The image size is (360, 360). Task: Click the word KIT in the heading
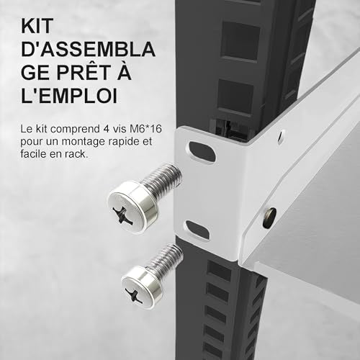(x=37, y=26)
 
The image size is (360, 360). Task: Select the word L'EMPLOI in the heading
(x=69, y=95)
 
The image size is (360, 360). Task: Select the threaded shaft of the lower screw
(x=165, y=258)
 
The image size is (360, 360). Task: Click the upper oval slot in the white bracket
(x=202, y=152)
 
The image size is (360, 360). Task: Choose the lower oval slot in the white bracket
(x=198, y=230)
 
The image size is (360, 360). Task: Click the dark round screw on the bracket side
(x=269, y=217)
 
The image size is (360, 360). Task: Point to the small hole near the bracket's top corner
(x=281, y=137)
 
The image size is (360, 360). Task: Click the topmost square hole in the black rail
(x=240, y=40)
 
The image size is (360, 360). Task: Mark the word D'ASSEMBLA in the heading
(x=88, y=49)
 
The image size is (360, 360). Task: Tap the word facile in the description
(x=33, y=154)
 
